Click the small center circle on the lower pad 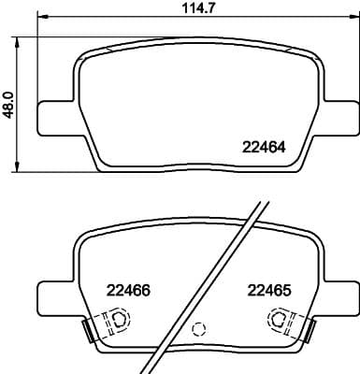(x=196, y=329)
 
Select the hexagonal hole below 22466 (x=119, y=321)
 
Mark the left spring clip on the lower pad (x=89, y=329)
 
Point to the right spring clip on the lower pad (x=305, y=329)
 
